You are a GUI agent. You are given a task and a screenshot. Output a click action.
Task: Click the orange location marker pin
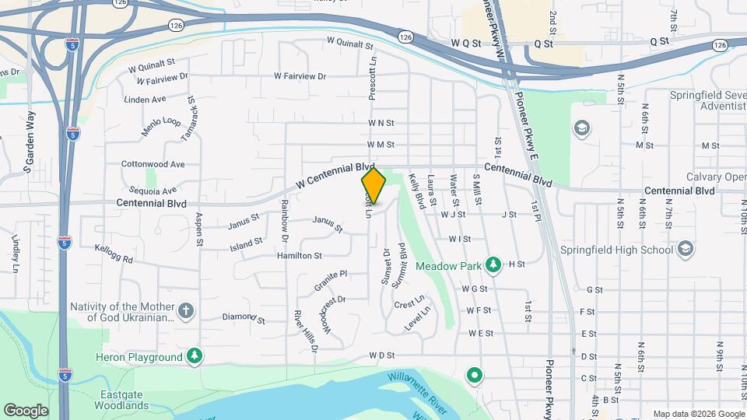(374, 186)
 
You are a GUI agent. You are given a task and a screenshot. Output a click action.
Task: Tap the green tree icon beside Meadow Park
(493, 265)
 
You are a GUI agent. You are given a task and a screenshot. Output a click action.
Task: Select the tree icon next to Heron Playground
(195, 356)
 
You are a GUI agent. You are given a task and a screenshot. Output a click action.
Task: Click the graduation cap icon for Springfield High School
(685, 250)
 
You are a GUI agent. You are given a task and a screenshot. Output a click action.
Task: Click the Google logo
(26, 410)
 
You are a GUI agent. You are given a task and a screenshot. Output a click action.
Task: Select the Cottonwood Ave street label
(153, 164)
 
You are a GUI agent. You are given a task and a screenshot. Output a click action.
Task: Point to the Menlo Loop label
(161, 127)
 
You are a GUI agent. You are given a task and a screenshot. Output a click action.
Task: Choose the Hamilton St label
(300, 255)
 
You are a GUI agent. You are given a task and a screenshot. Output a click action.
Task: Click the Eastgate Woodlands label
(124, 400)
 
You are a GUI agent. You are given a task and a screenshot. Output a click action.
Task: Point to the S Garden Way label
(30, 142)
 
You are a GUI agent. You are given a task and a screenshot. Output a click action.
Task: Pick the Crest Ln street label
(409, 301)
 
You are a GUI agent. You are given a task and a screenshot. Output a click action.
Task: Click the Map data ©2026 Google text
(698, 414)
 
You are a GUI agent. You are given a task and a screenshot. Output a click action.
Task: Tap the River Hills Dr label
(306, 331)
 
